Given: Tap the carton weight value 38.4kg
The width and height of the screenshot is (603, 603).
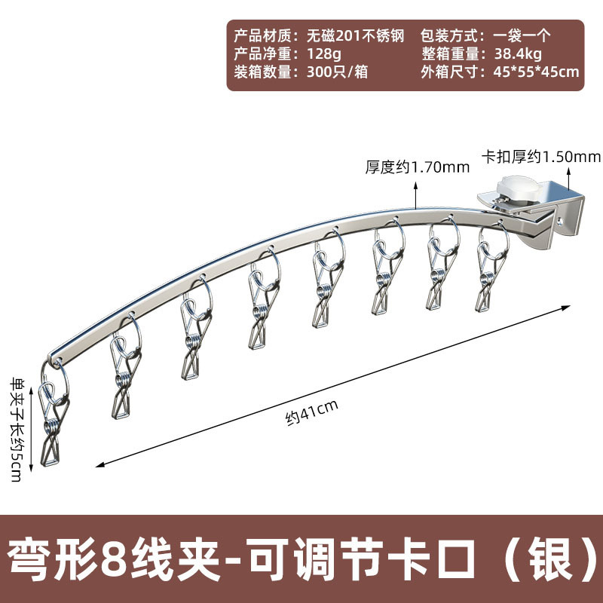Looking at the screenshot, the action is click(517, 54).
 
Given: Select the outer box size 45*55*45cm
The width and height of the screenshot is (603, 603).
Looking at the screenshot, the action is click(535, 72).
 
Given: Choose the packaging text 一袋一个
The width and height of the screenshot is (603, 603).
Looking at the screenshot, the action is click(523, 35).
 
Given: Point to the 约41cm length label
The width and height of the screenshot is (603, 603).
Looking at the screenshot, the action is click(311, 409).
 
